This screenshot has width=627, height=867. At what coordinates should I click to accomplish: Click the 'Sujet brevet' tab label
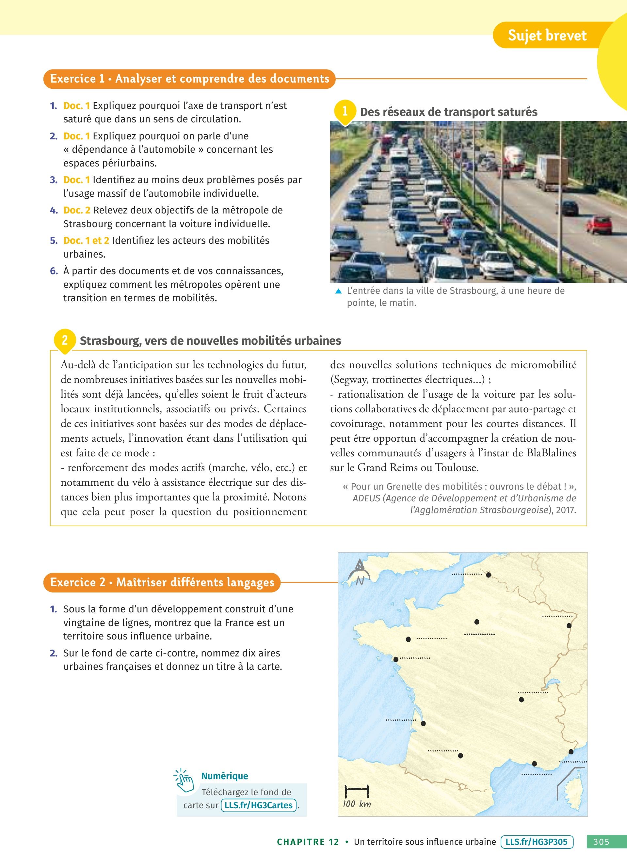click(547, 36)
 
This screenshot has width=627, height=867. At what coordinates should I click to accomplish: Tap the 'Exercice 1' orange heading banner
click(190, 79)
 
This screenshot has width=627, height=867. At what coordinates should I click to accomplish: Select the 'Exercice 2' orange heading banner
click(162, 582)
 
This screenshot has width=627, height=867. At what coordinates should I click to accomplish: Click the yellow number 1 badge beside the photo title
click(345, 111)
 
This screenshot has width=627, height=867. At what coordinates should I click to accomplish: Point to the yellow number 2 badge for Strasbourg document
click(65, 340)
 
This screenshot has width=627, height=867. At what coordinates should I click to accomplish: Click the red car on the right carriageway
click(599, 225)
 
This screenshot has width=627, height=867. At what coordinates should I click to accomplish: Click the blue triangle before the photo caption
click(338, 291)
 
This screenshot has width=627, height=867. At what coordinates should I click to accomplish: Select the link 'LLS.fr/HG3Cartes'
click(258, 805)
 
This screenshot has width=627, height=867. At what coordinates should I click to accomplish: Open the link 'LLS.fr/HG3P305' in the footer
click(537, 842)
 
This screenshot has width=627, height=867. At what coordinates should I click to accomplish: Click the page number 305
click(602, 842)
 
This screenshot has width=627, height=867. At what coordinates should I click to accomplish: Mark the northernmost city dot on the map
click(488, 575)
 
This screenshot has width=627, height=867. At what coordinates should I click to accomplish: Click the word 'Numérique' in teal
click(224, 776)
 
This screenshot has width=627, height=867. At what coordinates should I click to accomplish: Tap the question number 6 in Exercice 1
click(54, 271)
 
